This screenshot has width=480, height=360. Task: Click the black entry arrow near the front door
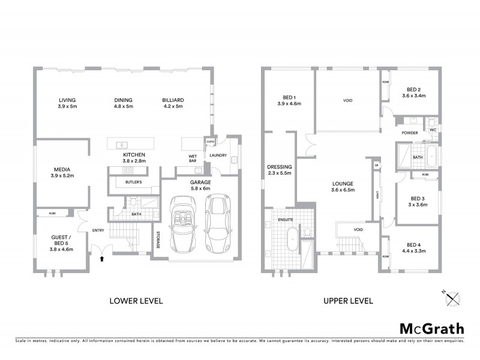tap(101, 259)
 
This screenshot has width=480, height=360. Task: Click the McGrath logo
tap(431, 328)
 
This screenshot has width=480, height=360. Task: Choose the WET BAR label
tap(193, 158)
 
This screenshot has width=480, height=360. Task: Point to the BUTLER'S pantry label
tap(133, 182)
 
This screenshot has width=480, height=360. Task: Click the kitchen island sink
tap(121, 144)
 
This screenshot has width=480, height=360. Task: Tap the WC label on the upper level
tap(432, 130)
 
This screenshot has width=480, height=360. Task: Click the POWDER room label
tap(410, 133)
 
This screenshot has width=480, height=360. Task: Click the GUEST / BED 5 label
tap(61, 240)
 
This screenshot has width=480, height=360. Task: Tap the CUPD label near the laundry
tap(210, 142)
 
